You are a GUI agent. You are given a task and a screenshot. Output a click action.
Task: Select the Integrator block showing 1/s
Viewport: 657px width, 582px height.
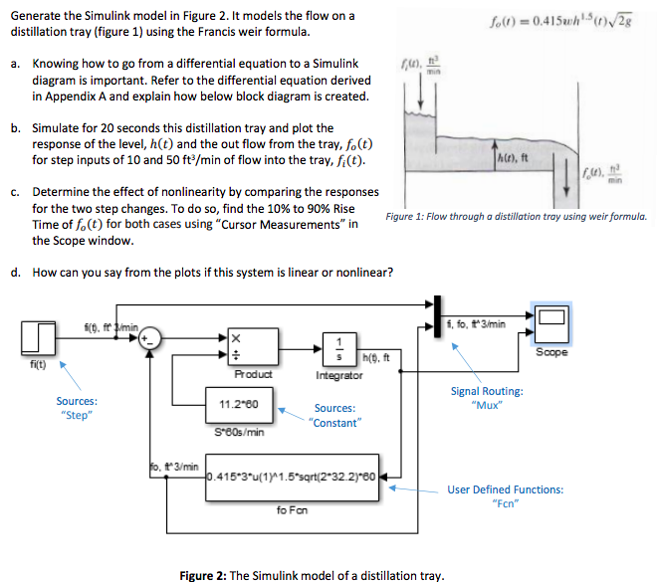pos(340,349)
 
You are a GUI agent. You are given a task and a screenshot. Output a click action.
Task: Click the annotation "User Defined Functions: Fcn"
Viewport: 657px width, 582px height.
pos(504,495)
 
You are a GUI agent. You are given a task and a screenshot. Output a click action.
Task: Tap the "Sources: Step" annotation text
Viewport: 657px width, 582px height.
pos(77,408)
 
